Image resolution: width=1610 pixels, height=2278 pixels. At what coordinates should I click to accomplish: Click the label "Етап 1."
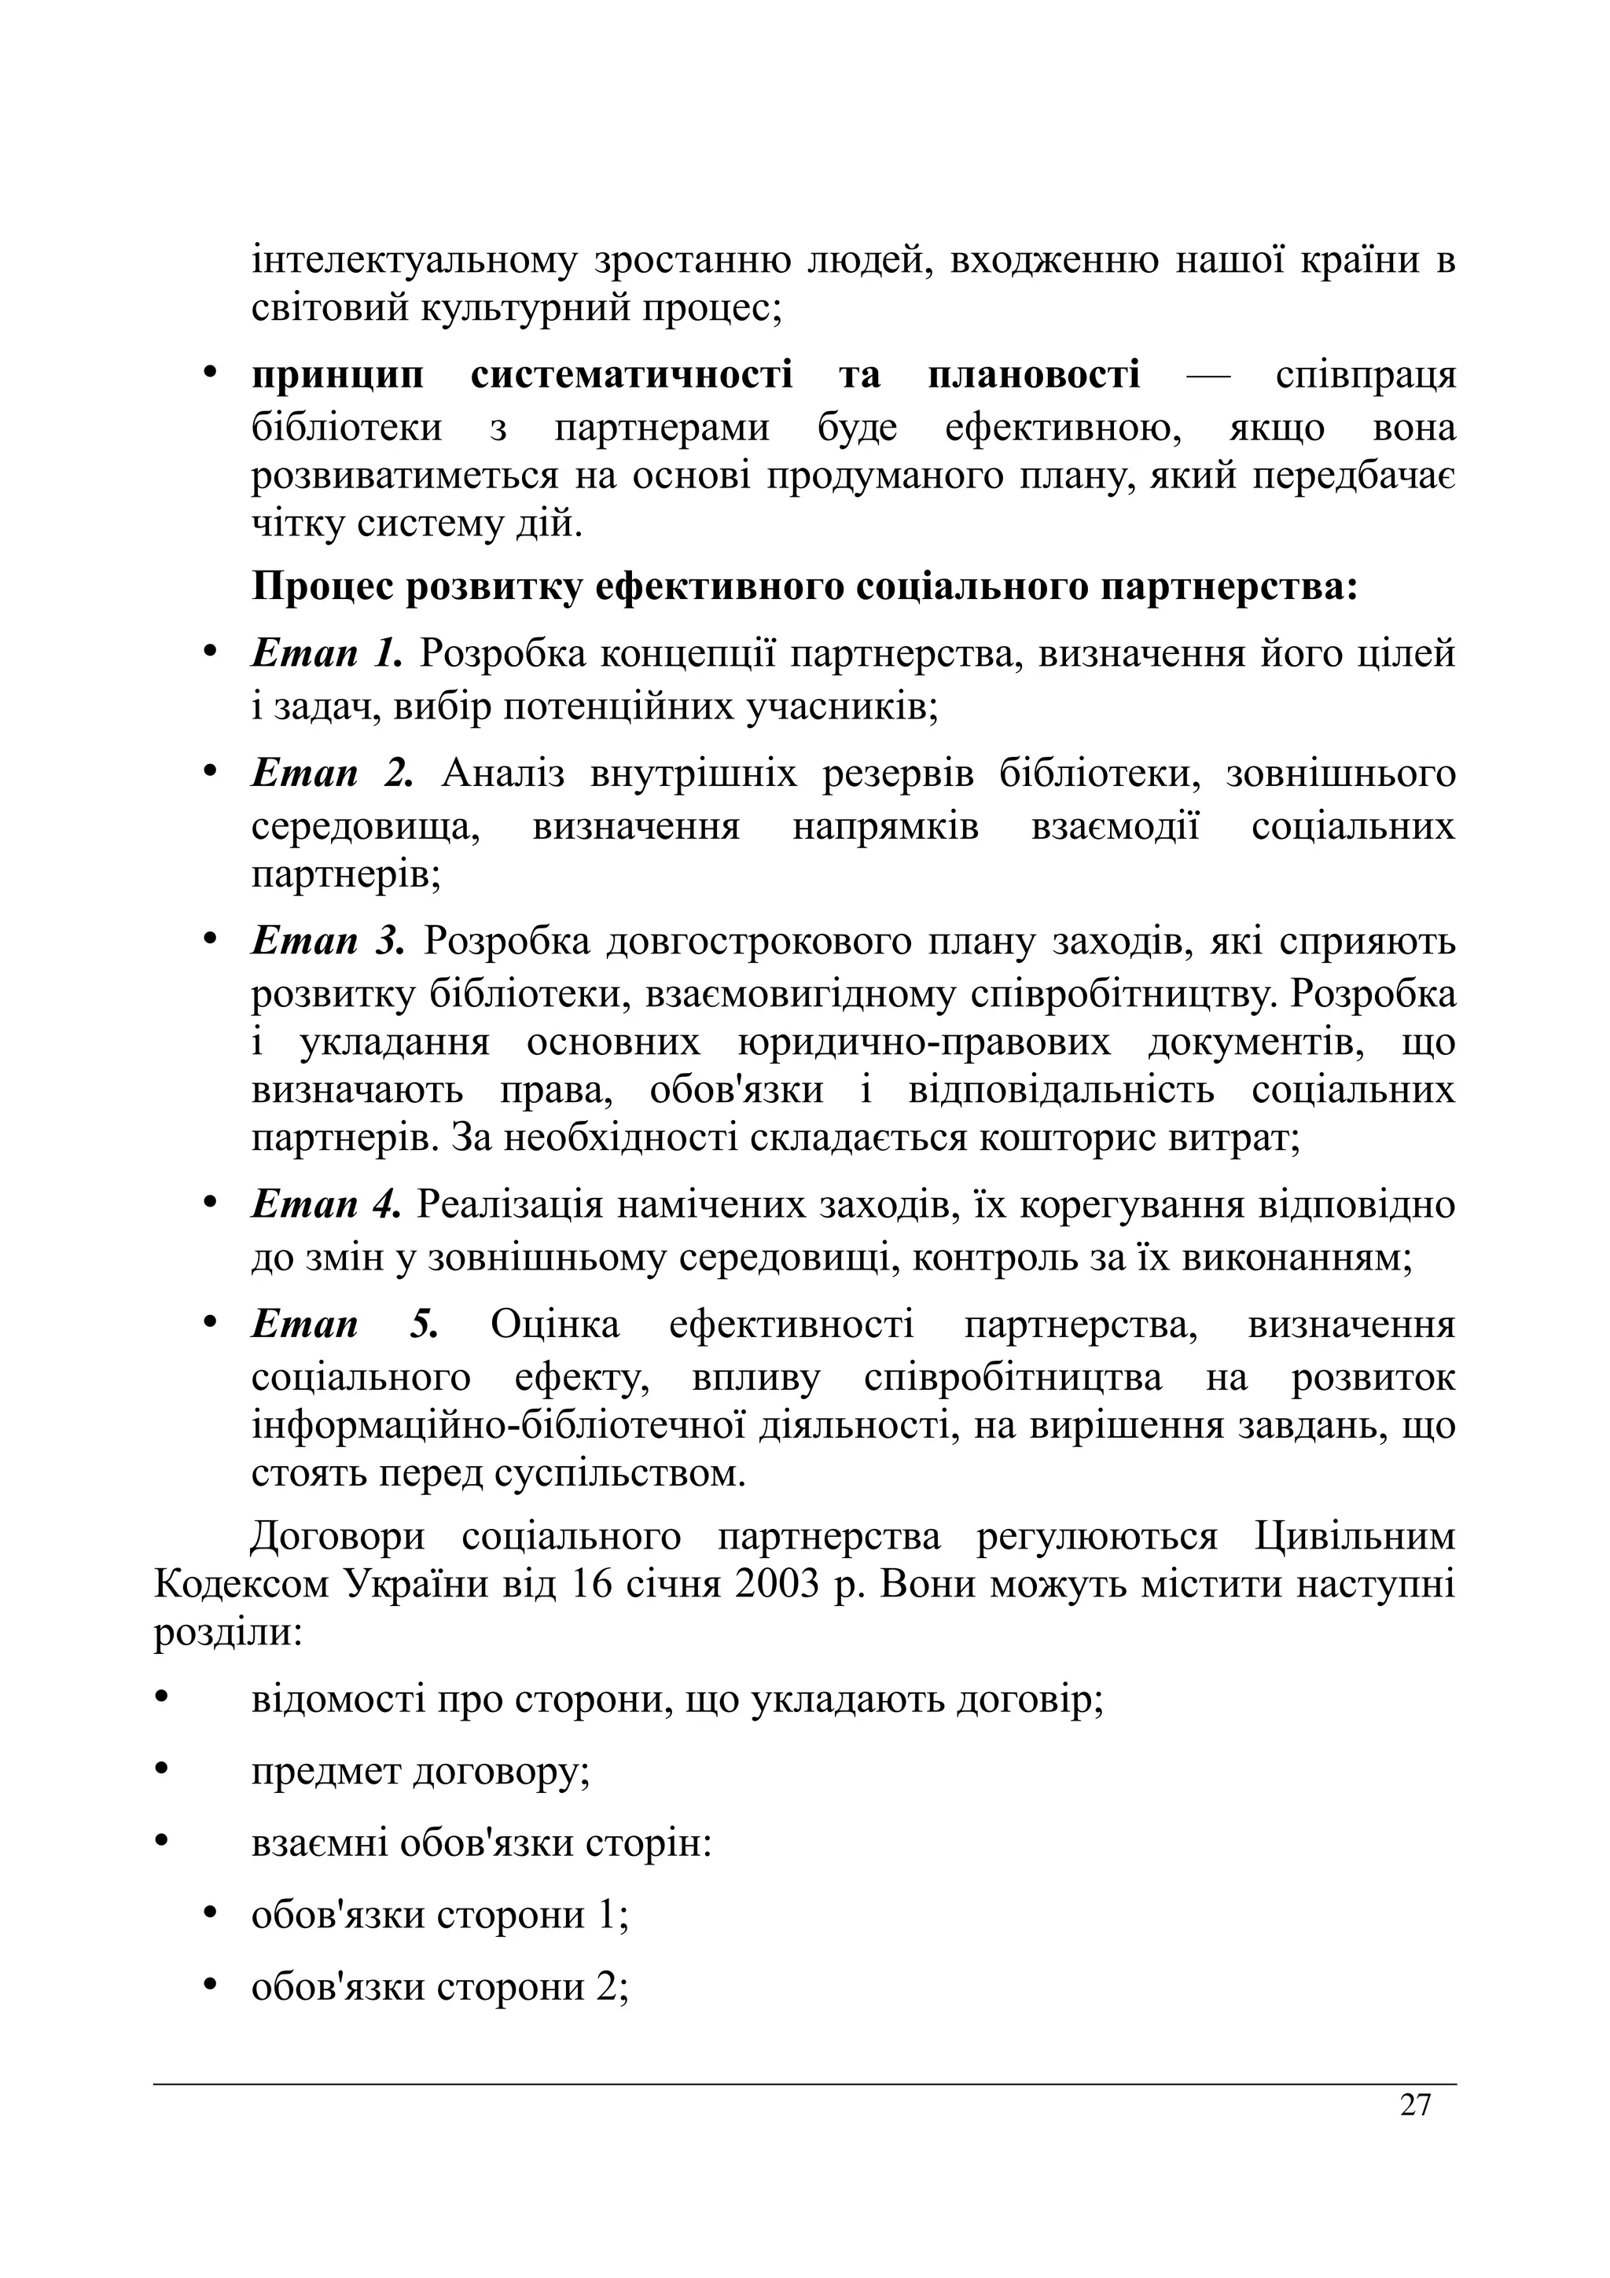point(327,654)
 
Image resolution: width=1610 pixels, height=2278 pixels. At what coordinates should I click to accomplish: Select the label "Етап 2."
point(331,773)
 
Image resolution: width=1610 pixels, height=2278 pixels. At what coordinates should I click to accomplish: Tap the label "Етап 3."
point(329,941)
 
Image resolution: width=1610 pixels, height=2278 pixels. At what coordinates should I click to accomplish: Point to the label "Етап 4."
point(326,1206)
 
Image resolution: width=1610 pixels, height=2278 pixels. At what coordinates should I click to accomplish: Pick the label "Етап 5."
point(344,1325)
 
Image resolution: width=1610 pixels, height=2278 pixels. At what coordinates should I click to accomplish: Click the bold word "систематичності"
point(631,376)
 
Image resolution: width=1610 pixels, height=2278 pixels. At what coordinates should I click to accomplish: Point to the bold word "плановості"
point(1034,376)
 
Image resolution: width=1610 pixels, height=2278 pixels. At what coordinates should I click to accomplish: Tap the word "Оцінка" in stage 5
point(554,1325)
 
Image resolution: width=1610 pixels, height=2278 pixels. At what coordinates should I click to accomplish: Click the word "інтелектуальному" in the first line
point(414,261)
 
